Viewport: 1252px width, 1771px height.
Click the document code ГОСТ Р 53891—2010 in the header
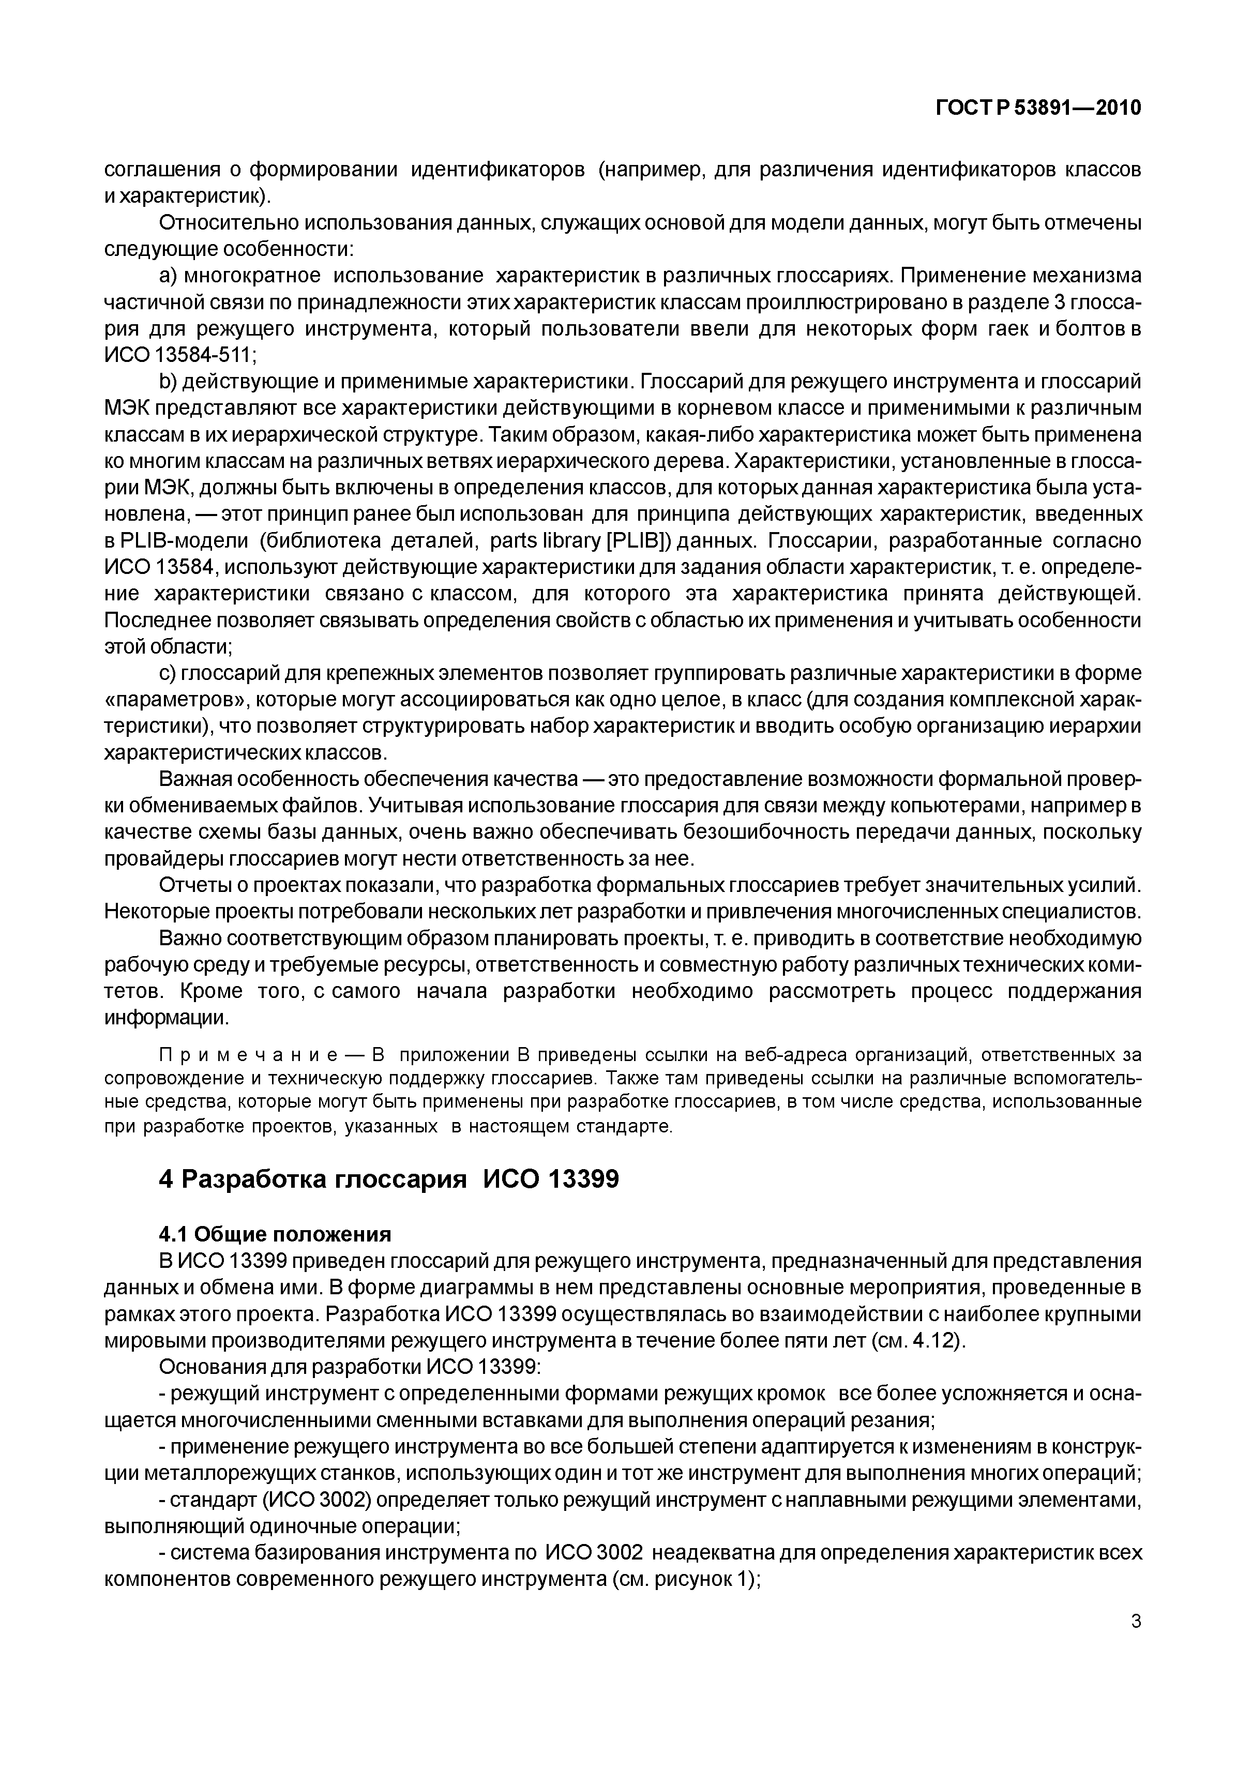click(x=1037, y=108)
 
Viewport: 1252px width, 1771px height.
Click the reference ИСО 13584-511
click(x=177, y=356)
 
